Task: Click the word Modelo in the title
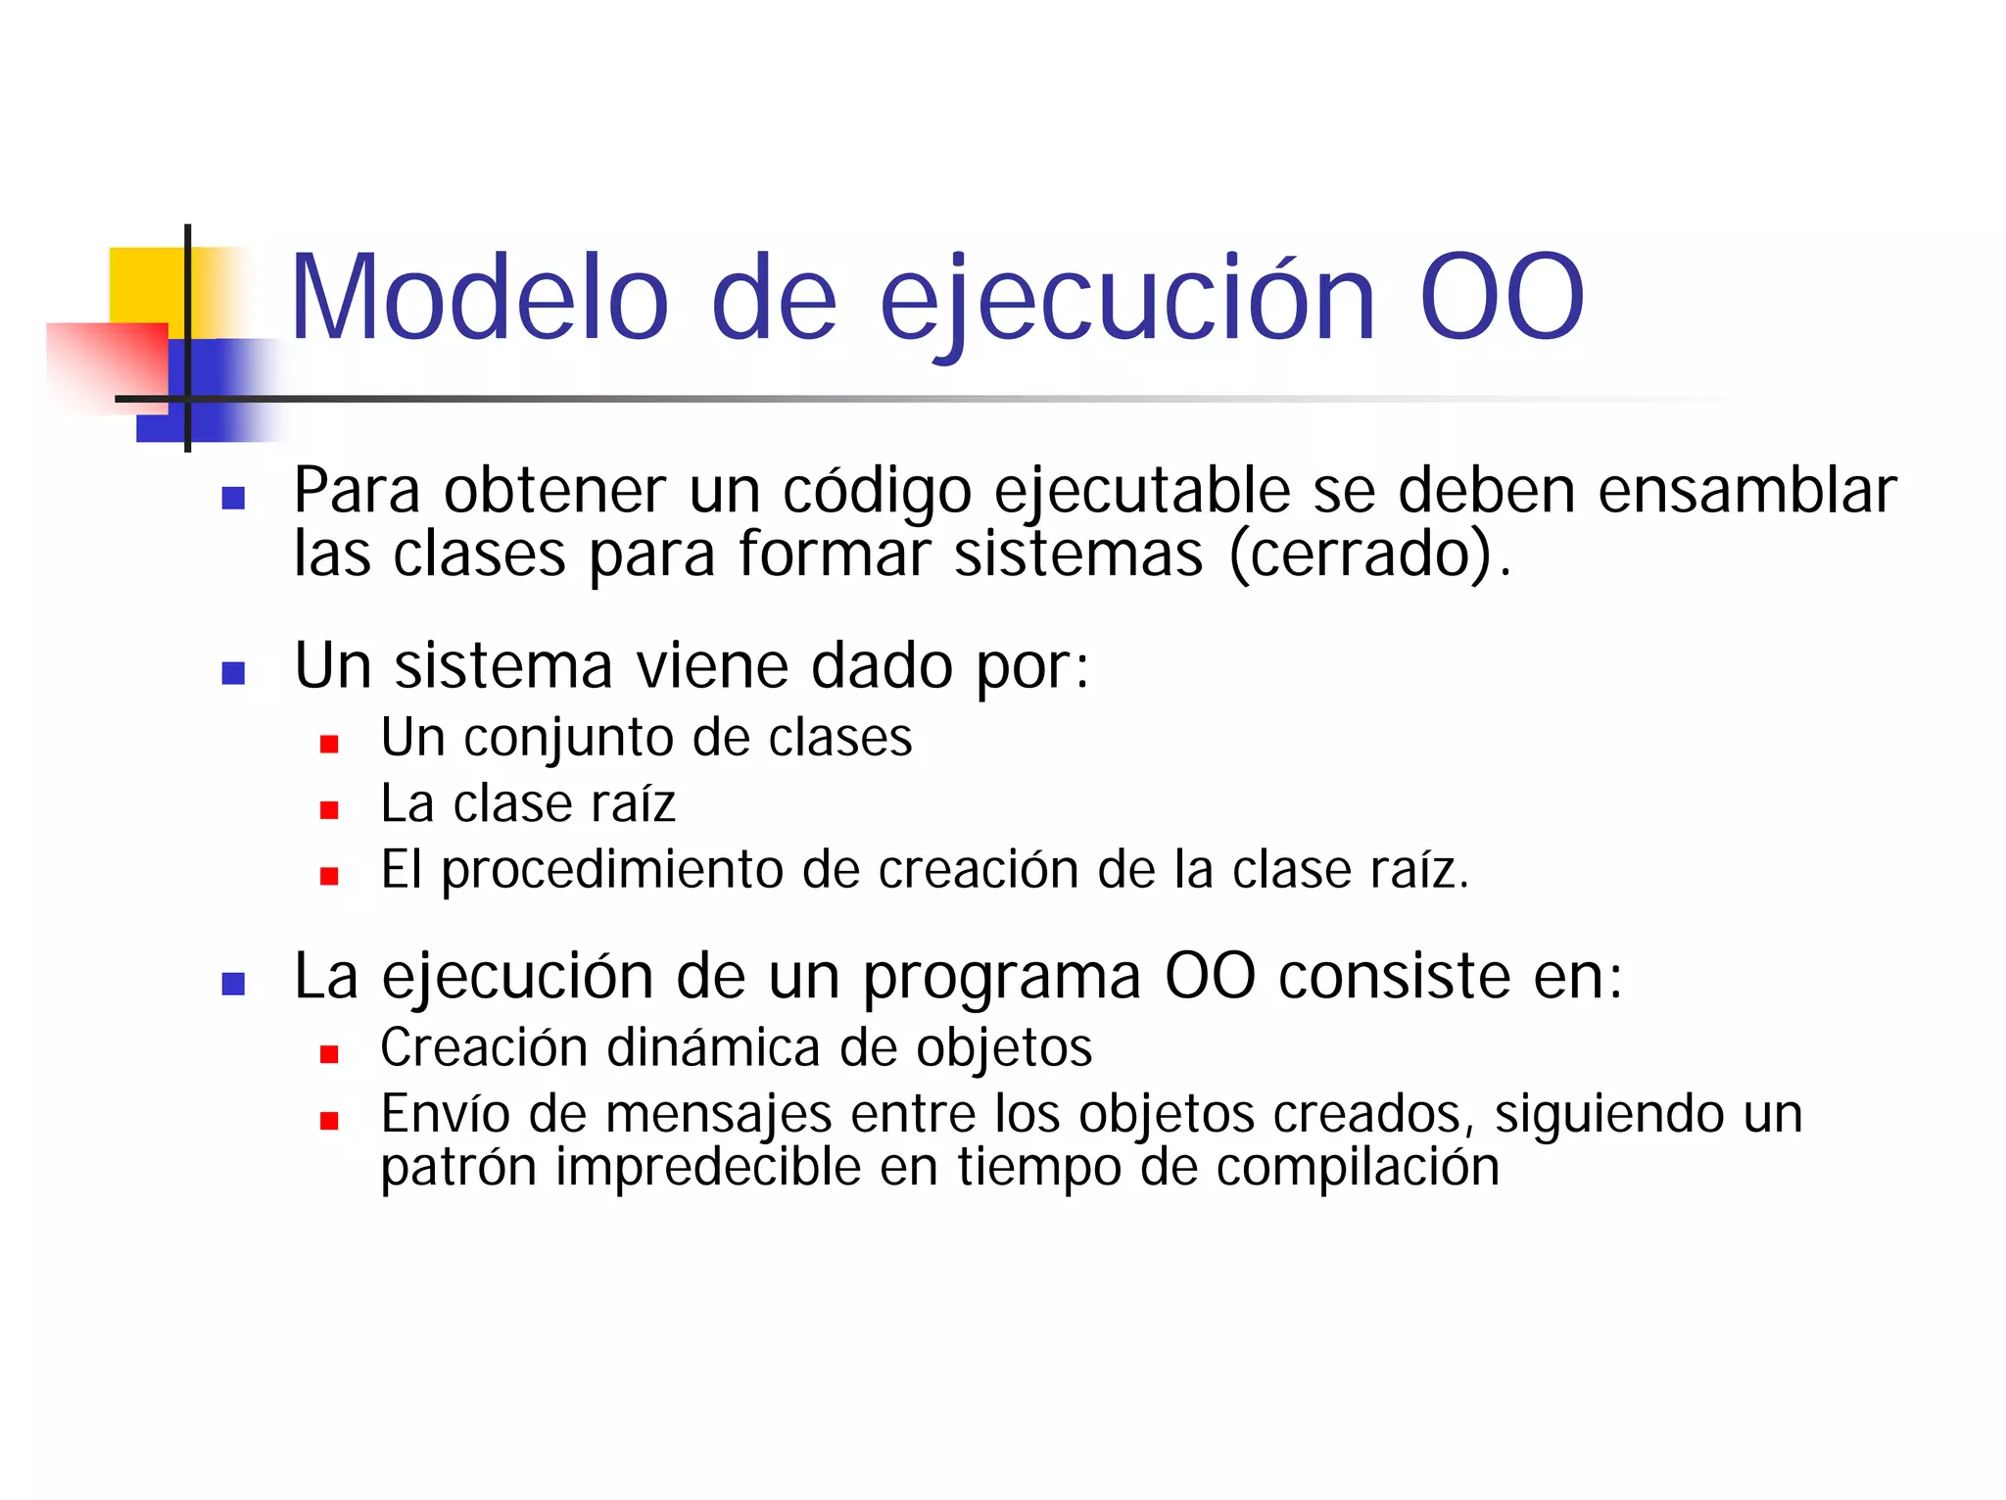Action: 479,298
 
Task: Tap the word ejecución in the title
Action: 1126,300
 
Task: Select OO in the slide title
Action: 1501,298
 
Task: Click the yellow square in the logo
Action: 147,284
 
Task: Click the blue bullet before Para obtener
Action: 233,499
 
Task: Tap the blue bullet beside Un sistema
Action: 233,673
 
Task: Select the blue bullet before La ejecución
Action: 233,984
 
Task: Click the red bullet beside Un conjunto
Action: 329,745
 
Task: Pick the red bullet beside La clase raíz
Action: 329,810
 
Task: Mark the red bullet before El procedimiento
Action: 329,876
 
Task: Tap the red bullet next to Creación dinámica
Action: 329,1054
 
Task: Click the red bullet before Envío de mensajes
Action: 329,1121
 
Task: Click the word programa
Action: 1002,978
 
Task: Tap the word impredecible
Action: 708,1167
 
